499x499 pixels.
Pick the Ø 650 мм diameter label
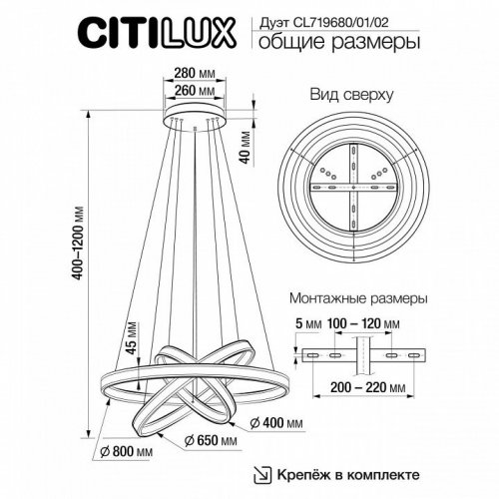(x=213, y=440)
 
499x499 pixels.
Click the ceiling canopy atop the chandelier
(x=196, y=118)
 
